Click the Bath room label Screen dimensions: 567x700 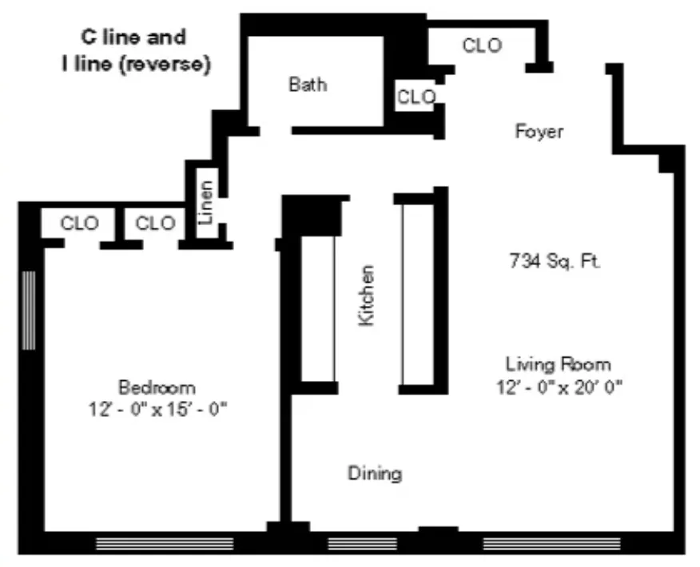(x=308, y=84)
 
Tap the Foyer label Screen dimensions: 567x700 (x=539, y=132)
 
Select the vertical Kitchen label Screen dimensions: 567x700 (x=366, y=295)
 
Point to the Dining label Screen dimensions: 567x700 (x=375, y=474)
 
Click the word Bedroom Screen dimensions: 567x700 (x=157, y=388)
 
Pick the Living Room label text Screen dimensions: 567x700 (x=558, y=365)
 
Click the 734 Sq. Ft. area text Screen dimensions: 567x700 (x=555, y=260)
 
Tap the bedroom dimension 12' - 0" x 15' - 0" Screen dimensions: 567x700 (x=158, y=409)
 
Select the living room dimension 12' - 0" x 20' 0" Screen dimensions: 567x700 (x=558, y=387)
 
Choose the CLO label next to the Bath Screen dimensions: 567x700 (x=416, y=97)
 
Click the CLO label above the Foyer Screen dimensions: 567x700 (x=482, y=46)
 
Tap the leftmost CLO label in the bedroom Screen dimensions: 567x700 (x=80, y=223)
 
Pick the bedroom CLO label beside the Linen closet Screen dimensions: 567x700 (x=155, y=223)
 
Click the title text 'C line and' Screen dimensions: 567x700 (x=133, y=37)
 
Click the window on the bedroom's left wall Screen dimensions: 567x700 (x=29, y=310)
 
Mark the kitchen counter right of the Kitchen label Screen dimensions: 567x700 (x=417, y=293)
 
